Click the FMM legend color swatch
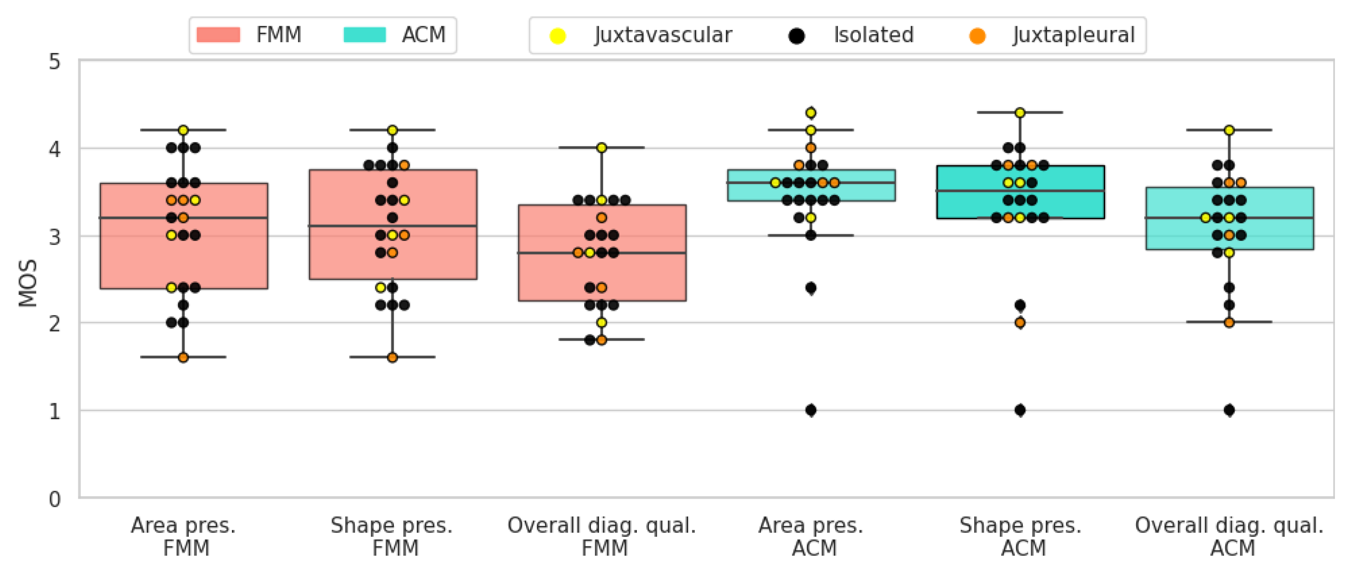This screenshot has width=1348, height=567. click(218, 35)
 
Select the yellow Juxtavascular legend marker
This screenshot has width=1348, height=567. click(557, 36)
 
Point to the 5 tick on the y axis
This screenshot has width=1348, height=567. click(54, 62)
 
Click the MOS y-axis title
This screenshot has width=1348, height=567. click(28, 283)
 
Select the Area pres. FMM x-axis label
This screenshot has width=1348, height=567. click(183, 536)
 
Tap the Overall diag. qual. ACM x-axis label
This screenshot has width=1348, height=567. click(1229, 536)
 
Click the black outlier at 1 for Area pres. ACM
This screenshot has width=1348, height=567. click(811, 410)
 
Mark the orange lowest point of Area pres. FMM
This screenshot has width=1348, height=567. click(183, 358)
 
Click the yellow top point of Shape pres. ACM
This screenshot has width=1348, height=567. click(1020, 112)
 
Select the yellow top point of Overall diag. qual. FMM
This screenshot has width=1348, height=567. click(601, 147)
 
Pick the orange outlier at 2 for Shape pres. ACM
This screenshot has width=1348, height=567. click(1020, 323)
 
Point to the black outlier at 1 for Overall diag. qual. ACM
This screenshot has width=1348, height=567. click(1229, 410)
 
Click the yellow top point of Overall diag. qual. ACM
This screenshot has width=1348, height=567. click(1229, 130)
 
